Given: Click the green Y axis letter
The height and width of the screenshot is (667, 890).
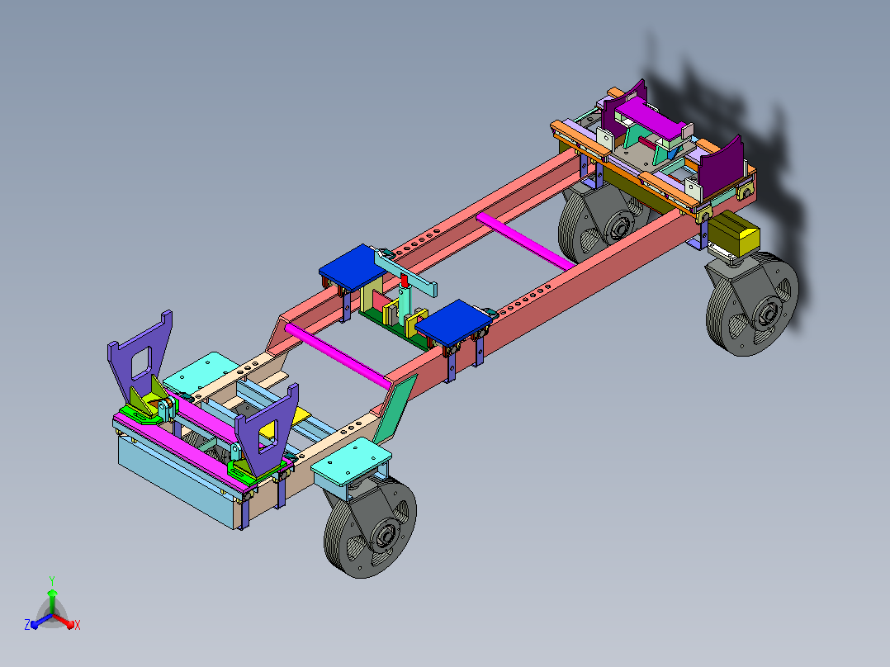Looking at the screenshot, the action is [52, 581].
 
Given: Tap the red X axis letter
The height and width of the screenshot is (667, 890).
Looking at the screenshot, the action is [78, 625].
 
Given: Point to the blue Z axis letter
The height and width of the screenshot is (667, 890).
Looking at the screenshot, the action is [27, 624].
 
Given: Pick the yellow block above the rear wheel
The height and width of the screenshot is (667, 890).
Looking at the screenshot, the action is [733, 234].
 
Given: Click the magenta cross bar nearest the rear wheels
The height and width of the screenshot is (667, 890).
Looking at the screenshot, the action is [525, 241].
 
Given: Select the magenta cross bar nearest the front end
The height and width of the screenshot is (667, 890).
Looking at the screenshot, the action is [338, 355].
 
